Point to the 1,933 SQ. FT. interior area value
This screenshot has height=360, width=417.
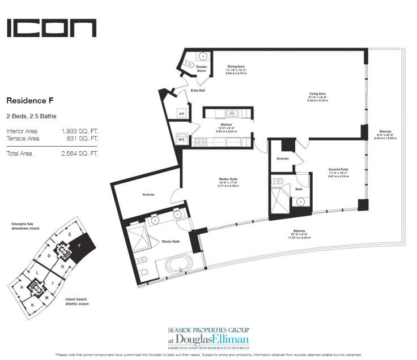(x=79, y=131)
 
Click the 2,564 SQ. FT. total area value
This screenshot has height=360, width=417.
(x=79, y=153)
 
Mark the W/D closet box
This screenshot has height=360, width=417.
(x=181, y=138)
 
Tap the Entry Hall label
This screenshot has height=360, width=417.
(x=198, y=90)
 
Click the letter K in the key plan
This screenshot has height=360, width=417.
(x=33, y=304)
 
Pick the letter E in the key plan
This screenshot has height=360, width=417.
(x=69, y=234)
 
